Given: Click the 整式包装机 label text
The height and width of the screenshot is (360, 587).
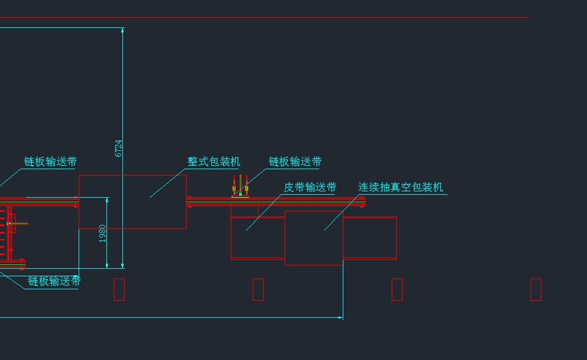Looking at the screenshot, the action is [214, 162].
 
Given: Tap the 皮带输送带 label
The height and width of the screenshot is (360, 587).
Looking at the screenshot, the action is [310, 187].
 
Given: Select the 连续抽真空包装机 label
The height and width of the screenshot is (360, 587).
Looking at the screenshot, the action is [401, 187].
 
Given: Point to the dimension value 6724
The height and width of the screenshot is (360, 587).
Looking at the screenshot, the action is [118, 148].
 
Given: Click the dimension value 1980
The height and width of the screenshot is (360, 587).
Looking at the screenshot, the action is [102, 234].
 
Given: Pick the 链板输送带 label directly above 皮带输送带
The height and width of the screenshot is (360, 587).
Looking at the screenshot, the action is [295, 162].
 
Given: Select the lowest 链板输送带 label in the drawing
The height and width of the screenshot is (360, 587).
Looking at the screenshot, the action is [54, 281].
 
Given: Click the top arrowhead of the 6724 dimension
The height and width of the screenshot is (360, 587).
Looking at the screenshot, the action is [122, 30].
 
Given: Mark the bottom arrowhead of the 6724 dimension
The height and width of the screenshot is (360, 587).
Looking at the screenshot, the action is [122, 265].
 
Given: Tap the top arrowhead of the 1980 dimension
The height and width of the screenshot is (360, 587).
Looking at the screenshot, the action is [107, 201].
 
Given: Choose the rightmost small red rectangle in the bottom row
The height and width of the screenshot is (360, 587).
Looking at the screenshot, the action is [536, 289].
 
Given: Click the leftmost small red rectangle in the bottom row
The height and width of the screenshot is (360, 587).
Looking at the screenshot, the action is [120, 289].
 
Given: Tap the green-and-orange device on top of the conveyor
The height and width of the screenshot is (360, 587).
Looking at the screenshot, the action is [240, 186].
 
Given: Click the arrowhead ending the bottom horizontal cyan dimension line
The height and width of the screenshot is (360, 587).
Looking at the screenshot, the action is [340, 318].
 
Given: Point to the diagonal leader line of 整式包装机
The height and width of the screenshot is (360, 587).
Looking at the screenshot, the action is [168, 183].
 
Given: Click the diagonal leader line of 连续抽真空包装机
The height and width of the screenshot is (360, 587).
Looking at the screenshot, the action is [341, 212].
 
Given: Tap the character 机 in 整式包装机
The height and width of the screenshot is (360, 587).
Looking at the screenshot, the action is [235, 162].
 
